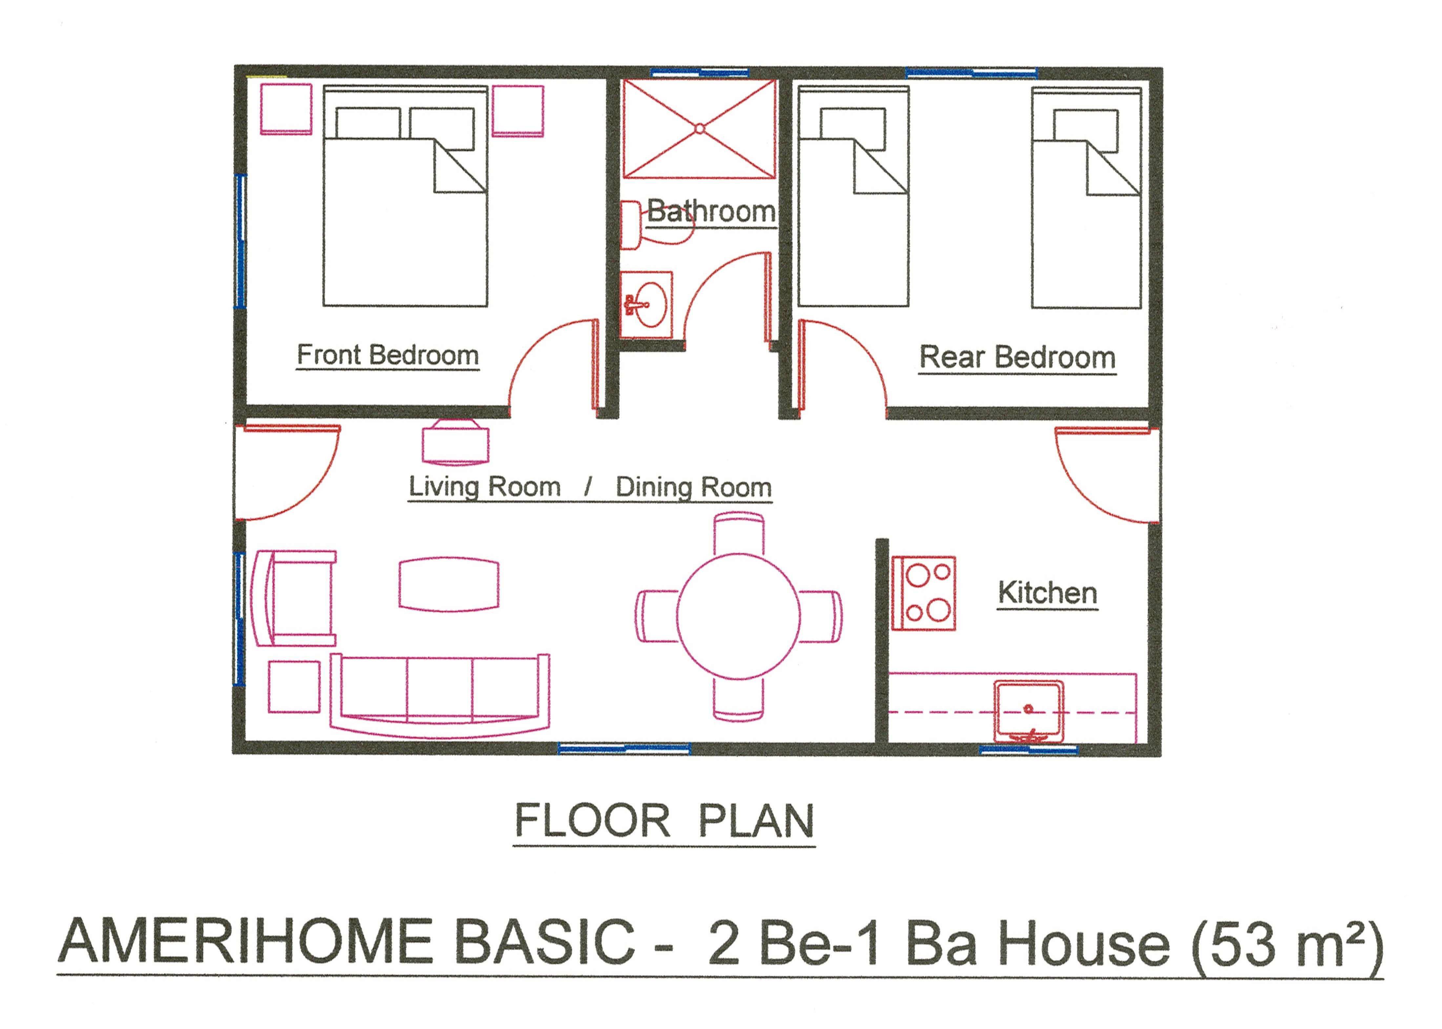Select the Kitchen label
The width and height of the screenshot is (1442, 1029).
click(1047, 593)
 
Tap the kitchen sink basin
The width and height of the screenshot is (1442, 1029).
click(1028, 711)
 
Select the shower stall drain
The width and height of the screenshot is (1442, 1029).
click(699, 129)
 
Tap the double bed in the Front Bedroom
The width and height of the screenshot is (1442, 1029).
click(405, 196)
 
